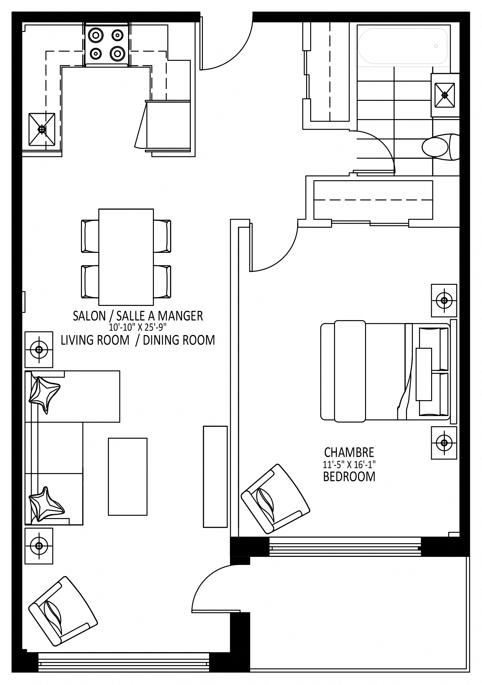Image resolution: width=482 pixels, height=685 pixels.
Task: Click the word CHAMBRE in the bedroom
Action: [349, 453]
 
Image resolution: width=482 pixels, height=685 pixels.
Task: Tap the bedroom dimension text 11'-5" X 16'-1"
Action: [349, 464]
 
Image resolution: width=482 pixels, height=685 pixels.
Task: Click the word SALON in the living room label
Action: [89, 316]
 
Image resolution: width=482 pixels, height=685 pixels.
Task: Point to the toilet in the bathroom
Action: [440, 147]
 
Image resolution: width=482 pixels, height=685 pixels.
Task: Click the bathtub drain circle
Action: [436, 46]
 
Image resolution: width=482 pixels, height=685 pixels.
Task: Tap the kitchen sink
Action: [42, 129]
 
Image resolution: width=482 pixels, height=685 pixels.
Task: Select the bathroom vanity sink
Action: [445, 95]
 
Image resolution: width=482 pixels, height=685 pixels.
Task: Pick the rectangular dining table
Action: [126, 257]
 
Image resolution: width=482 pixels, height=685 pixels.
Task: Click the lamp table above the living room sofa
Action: [39, 350]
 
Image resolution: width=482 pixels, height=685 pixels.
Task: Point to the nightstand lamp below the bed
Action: [444, 443]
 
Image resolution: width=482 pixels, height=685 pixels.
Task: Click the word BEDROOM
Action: [349, 476]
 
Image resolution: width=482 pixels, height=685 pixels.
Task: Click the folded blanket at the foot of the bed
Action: [350, 371]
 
